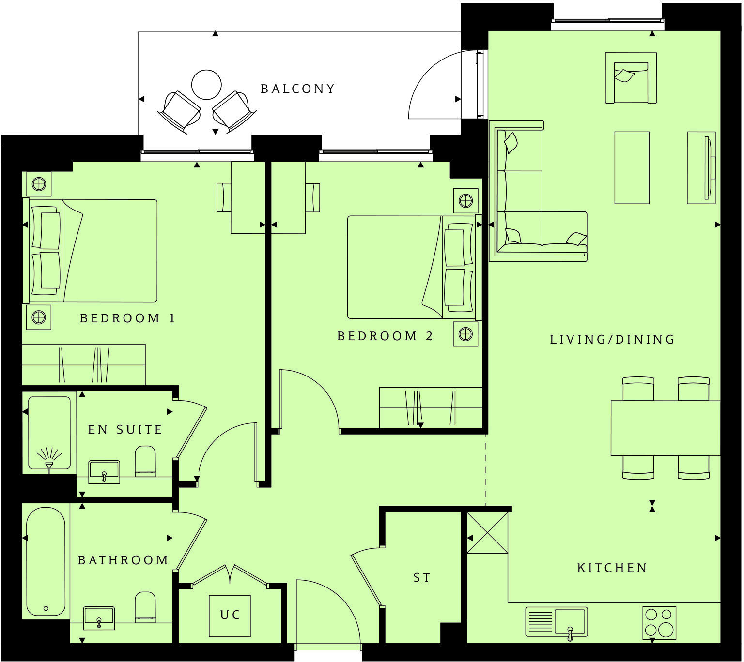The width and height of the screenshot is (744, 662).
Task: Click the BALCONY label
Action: [x=297, y=89]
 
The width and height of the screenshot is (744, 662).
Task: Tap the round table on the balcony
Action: [x=206, y=85]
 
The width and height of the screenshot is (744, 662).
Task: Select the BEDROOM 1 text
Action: [x=127, y=318]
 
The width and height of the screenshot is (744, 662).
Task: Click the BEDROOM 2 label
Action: [x=385, y=336]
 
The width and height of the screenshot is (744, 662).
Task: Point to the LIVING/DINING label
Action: [x=612, y=340]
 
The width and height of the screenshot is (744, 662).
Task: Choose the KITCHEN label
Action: [x=612, y=568]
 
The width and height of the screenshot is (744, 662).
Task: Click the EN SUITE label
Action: [x=125, y=430]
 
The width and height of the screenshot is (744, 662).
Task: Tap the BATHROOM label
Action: [x=123, y=560]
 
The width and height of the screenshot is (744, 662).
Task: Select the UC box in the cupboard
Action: [x=230, y=616]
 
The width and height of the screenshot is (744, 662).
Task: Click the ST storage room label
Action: [x=422, y=578]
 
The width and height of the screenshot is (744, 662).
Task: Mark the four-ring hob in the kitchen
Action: [x=659, y=622]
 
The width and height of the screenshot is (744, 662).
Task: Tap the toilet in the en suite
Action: [x=145, y=461]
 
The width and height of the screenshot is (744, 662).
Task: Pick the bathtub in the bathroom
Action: [x=46, y=561]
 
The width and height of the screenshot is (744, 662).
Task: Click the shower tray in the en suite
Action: [x=49, y=433]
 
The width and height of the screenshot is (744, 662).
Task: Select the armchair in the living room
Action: [x=631, y=78]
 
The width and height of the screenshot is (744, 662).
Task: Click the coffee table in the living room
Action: [x=632, y=167]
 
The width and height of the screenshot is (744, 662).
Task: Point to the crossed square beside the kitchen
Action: [x=488, y=533]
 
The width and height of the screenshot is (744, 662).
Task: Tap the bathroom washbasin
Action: [x=99, y=617]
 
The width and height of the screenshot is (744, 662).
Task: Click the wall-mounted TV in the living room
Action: [x=708, y=167]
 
